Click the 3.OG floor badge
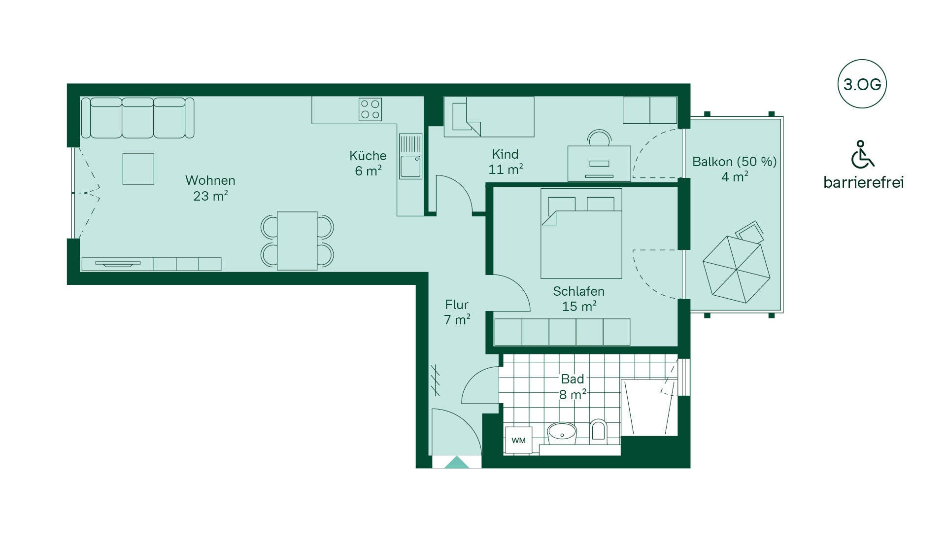[x=862, y=84]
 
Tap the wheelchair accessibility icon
[x=862, y=154]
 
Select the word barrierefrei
[x=863, y=182]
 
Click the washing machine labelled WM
[x=518, y=440]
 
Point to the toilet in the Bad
[x=598, y=430]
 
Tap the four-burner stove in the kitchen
[x=370, y=109]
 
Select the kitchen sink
[x=410, y=156]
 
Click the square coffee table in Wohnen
[x=138, y=169]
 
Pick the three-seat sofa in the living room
[x=137, y=118]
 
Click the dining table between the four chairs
[x=297, y=241]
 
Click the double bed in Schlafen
[x=581, y=234]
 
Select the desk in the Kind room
[x=599, y=163]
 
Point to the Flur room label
[x=457, y=305]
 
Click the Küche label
[x=368, y=156]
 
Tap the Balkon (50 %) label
[x=735, y=162]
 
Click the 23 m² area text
[x=210, y=196]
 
